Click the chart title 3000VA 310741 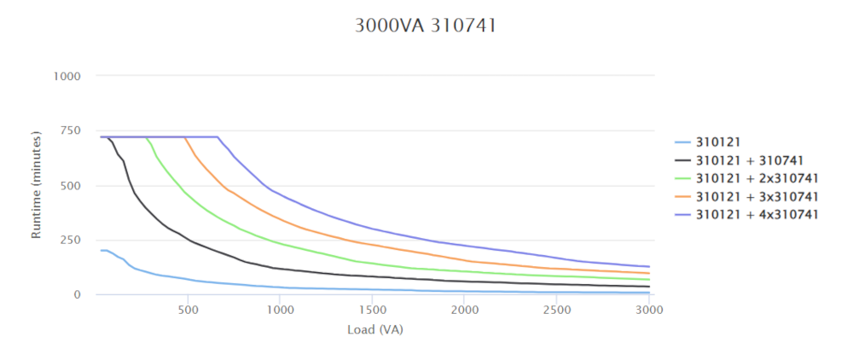426,26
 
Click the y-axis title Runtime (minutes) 36,184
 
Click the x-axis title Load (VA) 374,329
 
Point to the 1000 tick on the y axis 67,76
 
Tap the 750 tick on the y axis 71,131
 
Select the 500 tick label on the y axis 71,185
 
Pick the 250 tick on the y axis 71,240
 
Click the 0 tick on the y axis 78,294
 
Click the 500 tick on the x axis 188,311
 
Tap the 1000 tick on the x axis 280,311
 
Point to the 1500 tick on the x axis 372,311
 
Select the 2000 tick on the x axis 464,311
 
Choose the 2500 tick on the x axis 556,311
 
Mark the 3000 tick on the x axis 648,311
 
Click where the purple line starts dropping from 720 218,136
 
